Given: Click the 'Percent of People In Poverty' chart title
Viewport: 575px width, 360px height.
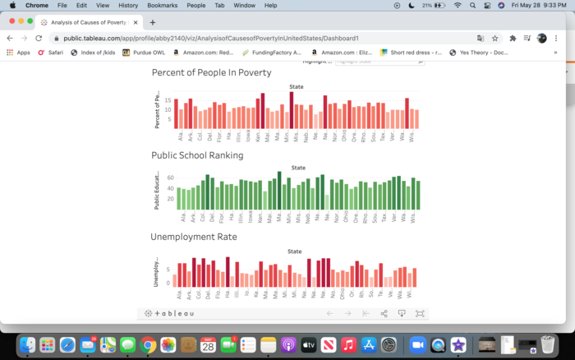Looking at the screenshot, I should (211, 72).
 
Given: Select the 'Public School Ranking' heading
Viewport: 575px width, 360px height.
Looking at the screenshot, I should (197, 155).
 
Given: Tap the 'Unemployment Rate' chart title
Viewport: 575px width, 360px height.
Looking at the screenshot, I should (193, 237).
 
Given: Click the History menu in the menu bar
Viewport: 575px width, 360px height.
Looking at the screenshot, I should (128, 5).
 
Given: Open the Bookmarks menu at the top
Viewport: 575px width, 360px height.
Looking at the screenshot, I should (162, 5).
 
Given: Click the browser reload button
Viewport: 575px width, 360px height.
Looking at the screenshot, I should (39, 38).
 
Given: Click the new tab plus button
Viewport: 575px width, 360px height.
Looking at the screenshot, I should (153, 22).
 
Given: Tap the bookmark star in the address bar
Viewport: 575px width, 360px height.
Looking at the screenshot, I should (495, 38).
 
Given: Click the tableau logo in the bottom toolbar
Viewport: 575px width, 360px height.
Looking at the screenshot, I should (169, 313).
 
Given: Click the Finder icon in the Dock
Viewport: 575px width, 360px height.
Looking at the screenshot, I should (27, 344).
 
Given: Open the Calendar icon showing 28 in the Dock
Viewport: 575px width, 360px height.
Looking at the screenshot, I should (208, 345).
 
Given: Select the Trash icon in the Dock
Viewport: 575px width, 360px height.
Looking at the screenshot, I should (549, 344).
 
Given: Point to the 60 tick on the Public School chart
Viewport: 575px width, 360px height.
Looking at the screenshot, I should (171, 178).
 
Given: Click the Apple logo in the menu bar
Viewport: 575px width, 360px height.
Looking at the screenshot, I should (11, 5).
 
